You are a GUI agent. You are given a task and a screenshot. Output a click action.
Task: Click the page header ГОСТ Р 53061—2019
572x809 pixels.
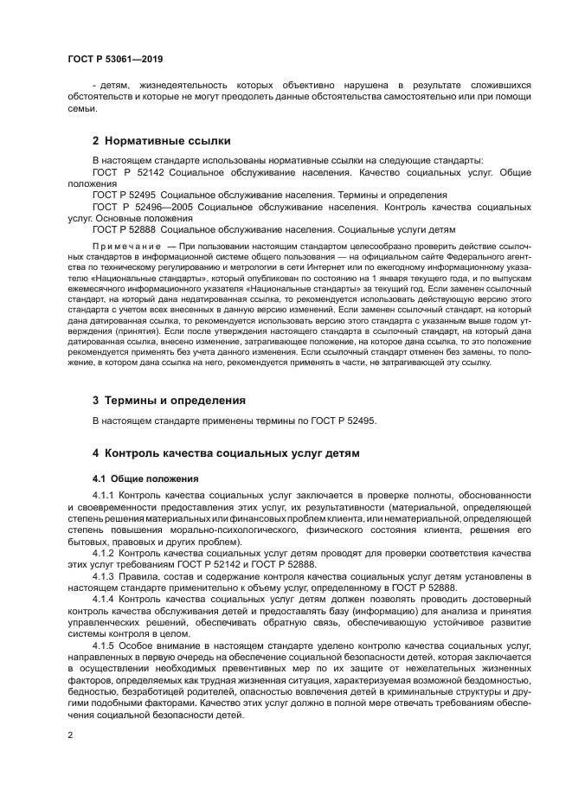(x=114, y=59)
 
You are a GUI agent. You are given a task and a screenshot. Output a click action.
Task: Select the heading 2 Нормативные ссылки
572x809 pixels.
(x=161, y=140)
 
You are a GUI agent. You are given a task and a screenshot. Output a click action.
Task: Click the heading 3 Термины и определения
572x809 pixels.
(x=169, y=401)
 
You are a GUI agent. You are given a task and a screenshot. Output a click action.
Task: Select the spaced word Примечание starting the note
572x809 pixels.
(x=120, y=247)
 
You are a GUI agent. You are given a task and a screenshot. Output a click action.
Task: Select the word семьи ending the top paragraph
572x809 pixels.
(x=81, y=109)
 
